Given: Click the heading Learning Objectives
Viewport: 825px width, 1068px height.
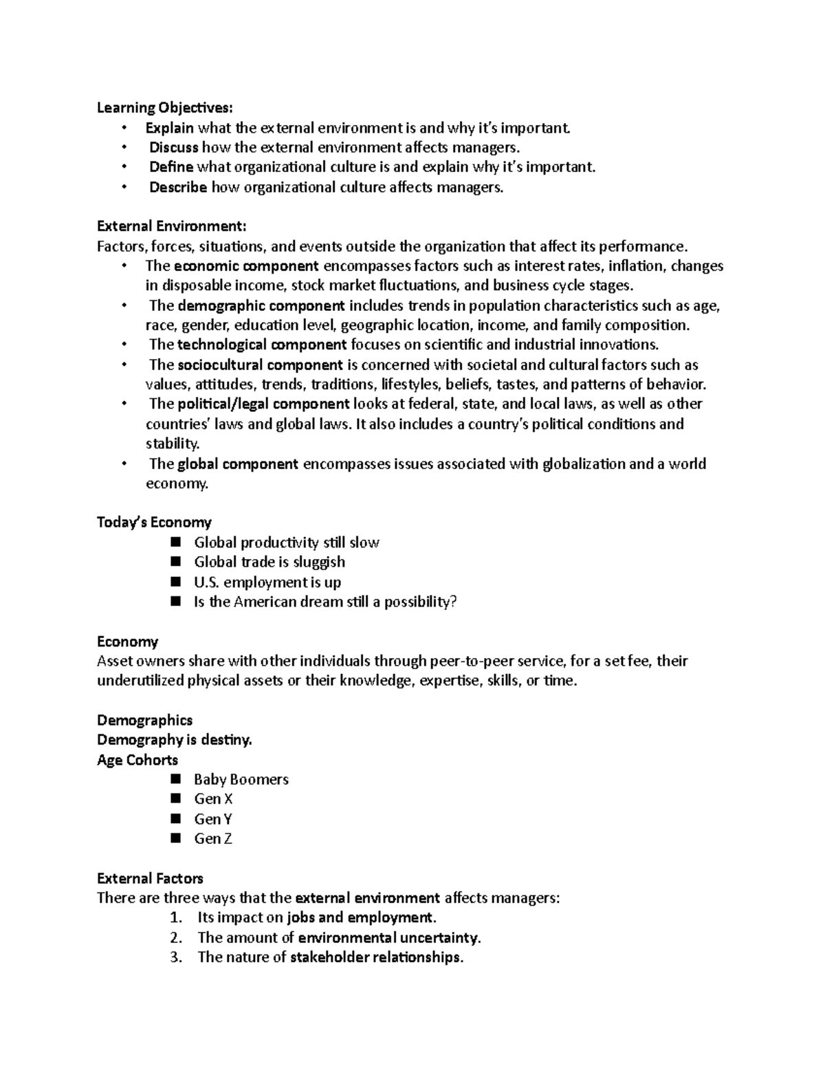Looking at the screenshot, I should pyautogui.click(x=165, y=107).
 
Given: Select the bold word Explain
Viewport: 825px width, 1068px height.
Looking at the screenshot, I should pyautogui.click(x=169, y=127).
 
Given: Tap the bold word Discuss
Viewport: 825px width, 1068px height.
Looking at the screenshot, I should pyautogui.click(x=174, y=147).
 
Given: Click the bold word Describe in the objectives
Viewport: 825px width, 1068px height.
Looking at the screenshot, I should pyautogui.click(x=178, y=187).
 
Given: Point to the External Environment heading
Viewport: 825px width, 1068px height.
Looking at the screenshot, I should pyautogui.click(x=171, y=226).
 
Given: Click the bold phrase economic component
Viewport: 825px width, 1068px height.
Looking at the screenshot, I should pyautogui.click(x=246, y=266).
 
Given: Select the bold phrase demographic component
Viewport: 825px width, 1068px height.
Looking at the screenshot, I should pyautogui.click(x=261, y=305).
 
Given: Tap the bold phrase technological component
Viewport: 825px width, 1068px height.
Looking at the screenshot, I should pyautogui.click(x=262, y=345).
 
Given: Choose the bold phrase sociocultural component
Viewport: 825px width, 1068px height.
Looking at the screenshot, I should pyautogui.click(x=260, y=364).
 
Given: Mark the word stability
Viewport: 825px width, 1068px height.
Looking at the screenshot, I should pyautogui.click(x=173, y=444).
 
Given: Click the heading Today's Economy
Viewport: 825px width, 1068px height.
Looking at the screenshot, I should pyautogui.click(x=154, y=522).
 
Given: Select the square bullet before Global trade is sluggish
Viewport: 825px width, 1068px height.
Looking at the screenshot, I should pyautogui.click(x=176, y=561).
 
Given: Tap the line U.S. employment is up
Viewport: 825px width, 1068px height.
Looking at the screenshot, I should pyautogui.click(x=267, y=582).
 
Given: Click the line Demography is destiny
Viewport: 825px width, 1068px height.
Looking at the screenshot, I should pyautogui.click(x=175, y=740).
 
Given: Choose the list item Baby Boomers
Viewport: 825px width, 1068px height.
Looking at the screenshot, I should pyautogui.click(x=241, y=779).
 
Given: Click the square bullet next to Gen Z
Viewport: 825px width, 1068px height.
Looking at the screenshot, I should pyautogui.click(x=176, y=838).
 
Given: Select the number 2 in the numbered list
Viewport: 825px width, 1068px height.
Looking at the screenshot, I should pyautogui.click(x=176, y=937).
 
